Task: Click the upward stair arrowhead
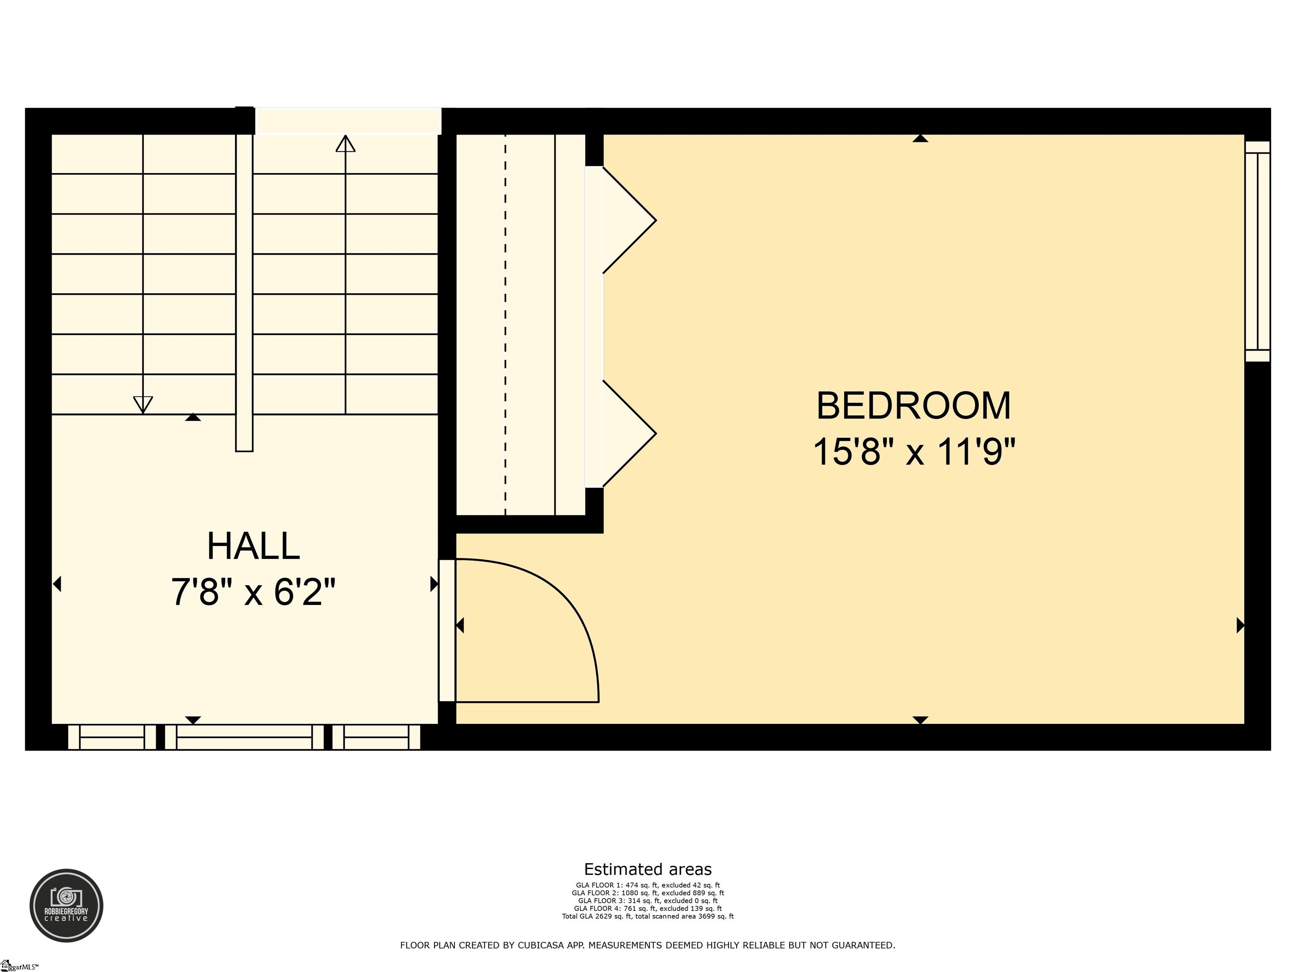(345, 143)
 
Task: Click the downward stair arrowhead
(143, 404)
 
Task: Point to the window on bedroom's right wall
(1257, 251)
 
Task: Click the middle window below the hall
(244, 737)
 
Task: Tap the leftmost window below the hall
(112, 737)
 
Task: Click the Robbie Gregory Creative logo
(66, 905)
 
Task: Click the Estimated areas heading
(648, 869)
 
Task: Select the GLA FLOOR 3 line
(648, 901)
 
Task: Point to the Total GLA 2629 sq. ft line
(648, 916)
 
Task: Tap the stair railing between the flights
(244, 293)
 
